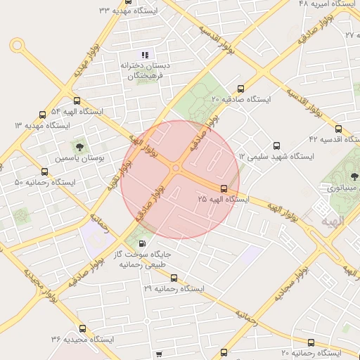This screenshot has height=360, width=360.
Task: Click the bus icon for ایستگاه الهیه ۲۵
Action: [x=224, y=188]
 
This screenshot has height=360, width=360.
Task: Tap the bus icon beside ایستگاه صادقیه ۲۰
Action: [x=241, y=89]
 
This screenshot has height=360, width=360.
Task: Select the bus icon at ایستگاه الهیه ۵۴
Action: [x=77, y=100]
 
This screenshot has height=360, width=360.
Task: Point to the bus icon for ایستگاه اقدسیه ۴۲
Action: [x=338, y=129]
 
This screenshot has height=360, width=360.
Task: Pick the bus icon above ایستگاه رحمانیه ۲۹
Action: [x=174, y=277]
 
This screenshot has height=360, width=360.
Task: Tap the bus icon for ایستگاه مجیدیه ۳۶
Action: [x=82, y=328]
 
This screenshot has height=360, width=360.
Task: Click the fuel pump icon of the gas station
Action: [x=144, y=243]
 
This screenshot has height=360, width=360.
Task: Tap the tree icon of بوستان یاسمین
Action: [x=79, y=147]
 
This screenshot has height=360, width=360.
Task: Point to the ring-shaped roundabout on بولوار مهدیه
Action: [x=16, y=46]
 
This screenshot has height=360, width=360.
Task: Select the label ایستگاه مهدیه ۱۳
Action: [x=42, y=125]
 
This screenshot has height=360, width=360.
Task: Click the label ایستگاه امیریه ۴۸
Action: [x=327, y=4]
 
